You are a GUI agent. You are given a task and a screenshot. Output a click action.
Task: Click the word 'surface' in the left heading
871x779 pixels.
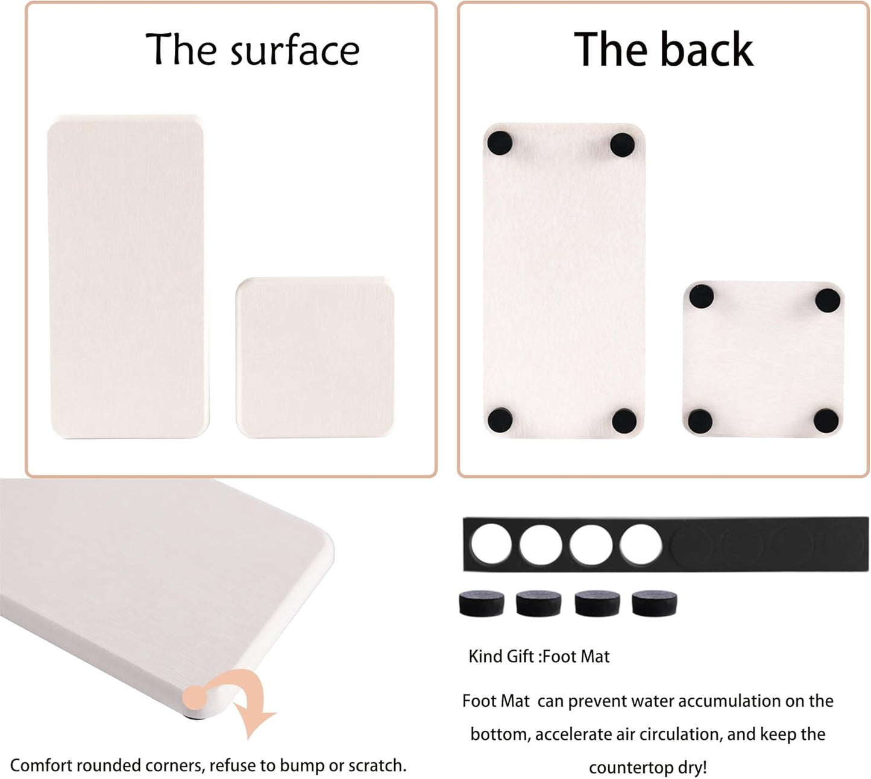(295, 51)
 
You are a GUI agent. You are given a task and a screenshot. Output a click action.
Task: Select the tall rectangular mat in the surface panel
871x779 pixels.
(127, 276)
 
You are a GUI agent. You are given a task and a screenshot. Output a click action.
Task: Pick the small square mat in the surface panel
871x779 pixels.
(315, 357)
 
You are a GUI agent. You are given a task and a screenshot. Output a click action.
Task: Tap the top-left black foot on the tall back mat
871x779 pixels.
(500, 143)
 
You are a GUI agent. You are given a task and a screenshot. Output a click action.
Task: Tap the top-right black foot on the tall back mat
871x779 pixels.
(622, 145)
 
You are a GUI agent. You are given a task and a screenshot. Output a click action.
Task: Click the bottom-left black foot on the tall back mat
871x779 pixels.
(500, 420)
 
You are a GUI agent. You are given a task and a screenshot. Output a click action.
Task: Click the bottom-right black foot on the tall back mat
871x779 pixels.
(624, 421)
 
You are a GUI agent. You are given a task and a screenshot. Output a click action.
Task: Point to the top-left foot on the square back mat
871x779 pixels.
(701, 296)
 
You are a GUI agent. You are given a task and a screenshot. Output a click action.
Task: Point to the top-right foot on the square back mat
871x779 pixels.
(828, 299)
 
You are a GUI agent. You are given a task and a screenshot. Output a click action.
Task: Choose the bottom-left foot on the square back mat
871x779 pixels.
(700, 421)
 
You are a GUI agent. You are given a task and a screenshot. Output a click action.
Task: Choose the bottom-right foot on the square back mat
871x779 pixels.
(826, 421)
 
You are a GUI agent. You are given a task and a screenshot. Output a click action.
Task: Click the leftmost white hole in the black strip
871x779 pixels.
(491, 544)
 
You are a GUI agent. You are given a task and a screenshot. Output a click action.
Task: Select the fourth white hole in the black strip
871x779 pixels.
(641, 544)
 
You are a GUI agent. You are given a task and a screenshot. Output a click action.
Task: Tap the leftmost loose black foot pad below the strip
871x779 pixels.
(482, 603)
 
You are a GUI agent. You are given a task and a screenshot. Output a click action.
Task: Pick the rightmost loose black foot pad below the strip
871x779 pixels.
(654, 603)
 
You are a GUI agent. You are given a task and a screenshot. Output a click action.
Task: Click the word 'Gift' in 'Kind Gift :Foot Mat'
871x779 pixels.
(521, 656)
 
